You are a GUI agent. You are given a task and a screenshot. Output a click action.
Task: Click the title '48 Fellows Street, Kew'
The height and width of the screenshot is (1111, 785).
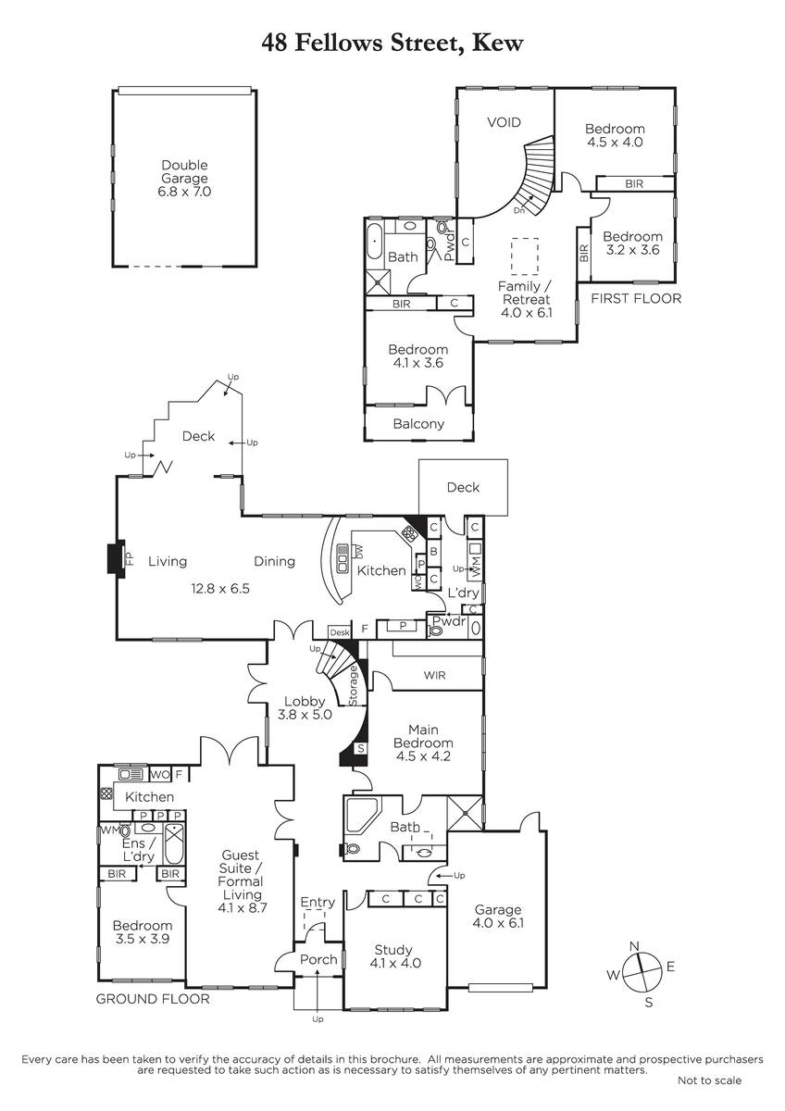pos(392,44)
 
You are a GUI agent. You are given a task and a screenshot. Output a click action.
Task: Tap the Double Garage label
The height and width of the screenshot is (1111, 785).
pos(184,171)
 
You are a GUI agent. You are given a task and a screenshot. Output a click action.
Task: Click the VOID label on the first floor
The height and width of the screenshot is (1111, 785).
pos(504,122)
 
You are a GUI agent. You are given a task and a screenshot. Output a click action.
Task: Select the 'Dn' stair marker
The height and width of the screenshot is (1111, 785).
pos(518,210)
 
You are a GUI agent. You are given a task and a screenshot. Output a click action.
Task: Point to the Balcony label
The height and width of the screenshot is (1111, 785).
pos(418,424)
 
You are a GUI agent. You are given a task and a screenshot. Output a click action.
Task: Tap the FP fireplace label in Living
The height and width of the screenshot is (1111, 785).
pos(129,559)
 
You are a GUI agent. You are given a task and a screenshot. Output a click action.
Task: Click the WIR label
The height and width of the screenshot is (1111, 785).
pos(434,675)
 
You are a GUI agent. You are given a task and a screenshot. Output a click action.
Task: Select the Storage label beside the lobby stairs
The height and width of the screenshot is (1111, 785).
pos(353,685)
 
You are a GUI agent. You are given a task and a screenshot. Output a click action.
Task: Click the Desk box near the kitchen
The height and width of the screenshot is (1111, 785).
pos(340,632)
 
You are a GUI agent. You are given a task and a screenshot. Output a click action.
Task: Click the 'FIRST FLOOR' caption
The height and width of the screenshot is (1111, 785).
pos(636,298)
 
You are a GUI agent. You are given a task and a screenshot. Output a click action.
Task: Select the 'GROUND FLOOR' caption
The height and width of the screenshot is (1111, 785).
pos(153,999)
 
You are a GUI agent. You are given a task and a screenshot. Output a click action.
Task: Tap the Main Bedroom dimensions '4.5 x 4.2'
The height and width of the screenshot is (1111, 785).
pos(423,756)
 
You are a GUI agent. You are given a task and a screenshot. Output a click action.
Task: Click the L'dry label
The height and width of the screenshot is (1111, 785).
pos(463,593)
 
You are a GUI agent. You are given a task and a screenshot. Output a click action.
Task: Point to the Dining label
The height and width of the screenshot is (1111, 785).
pos(274,561)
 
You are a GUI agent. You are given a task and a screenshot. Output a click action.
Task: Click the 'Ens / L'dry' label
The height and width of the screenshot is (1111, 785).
pos(138,850)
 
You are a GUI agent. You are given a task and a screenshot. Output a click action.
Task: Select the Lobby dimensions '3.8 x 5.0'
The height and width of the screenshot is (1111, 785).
pos(305,715)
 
